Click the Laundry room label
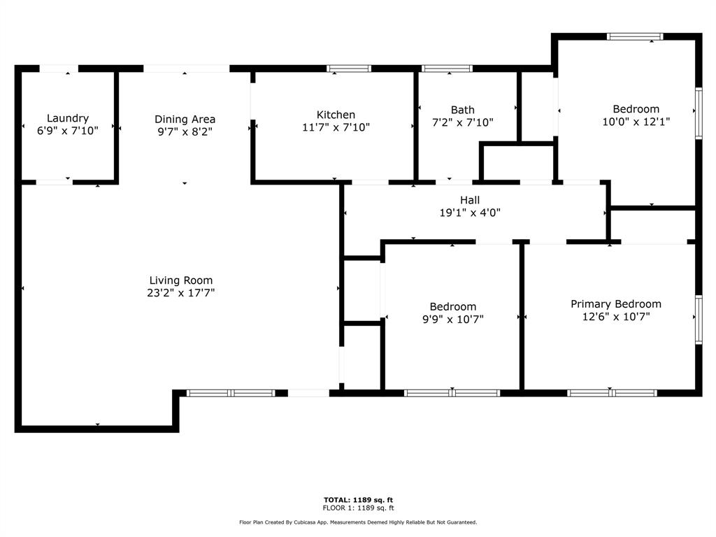pos(68,118)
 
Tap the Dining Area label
pos(185,119)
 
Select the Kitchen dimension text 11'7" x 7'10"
pos(336,127)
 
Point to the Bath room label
pos(463,110)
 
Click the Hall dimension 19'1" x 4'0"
pos(470,213)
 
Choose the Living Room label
pos(181,280)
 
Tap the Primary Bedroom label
pos(616,304)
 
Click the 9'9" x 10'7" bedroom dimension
pos(453,319)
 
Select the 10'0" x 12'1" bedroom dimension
pos(636,122)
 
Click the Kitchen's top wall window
pos(349,69)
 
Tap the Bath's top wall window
pos(447,69)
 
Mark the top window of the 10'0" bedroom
pos(635,36)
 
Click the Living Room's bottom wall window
pos(231,393)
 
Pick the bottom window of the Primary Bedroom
pos(613,393)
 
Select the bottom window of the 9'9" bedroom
pos(452,393)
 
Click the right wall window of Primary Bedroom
pos(699,320)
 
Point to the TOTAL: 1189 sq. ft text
pos(358,500)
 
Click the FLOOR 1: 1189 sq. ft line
pos(358,508)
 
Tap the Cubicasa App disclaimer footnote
pos(358,522)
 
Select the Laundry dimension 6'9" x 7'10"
pos(68,131)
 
